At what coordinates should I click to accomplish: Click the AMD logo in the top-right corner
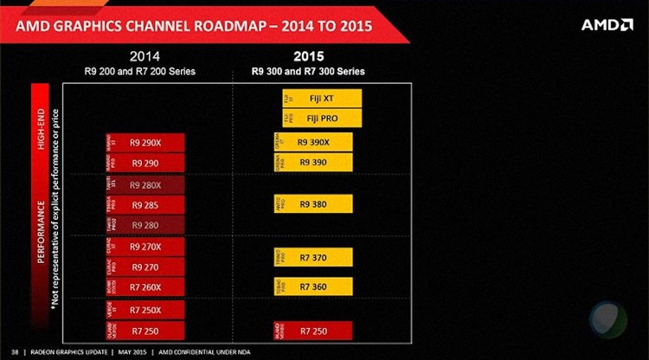pyautogui.click(x=607, y=25)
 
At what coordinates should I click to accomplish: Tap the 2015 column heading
pyautogui.click(x=308, y=56)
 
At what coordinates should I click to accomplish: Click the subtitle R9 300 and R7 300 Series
pyautogui.click(x=308, y=70)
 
